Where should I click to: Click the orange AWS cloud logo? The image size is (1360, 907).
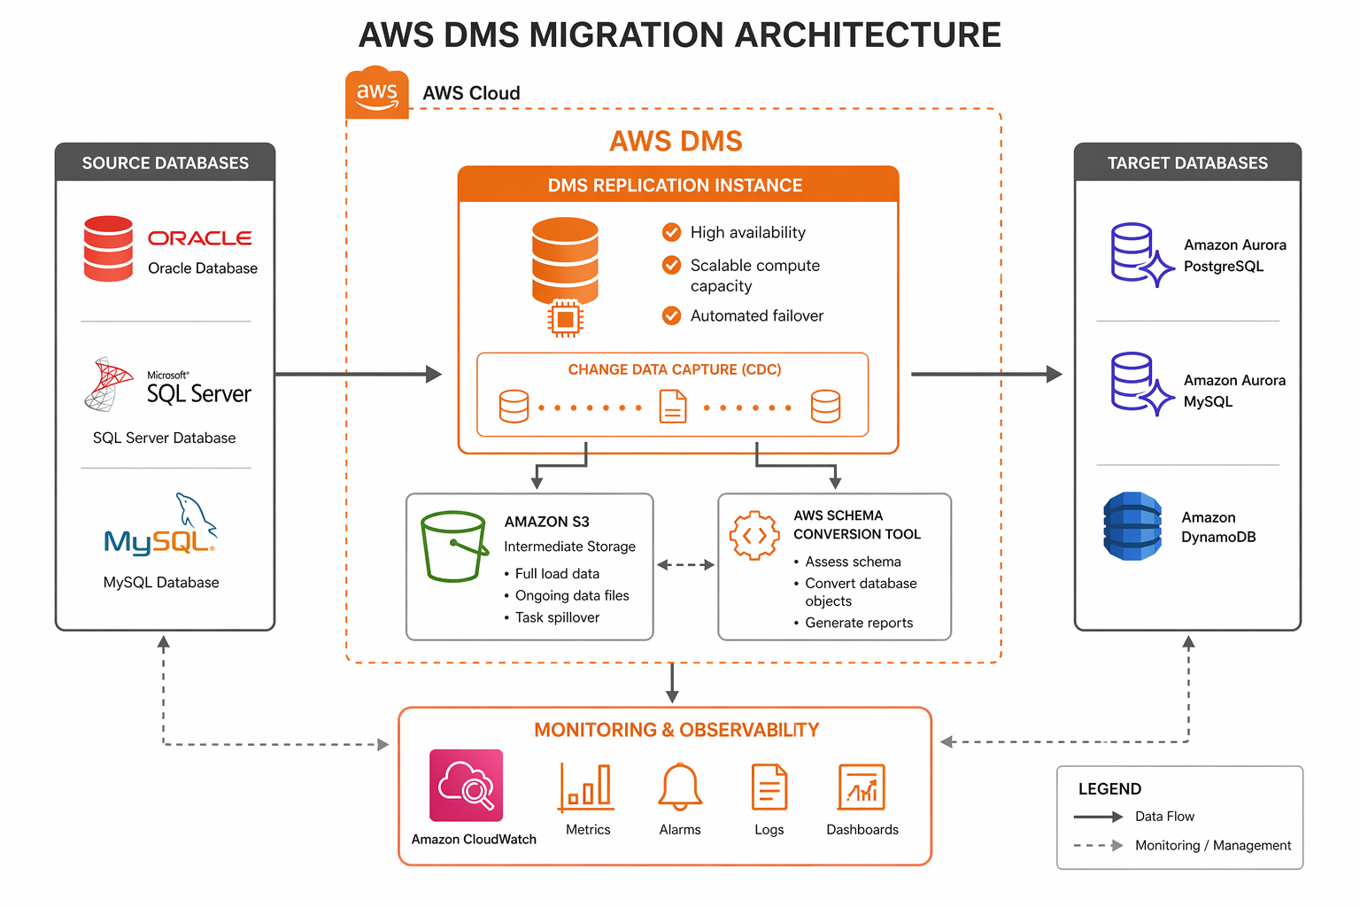coord(377,93)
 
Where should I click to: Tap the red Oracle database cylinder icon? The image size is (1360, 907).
coord(108,249)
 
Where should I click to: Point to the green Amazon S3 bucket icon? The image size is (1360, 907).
coord(454,546)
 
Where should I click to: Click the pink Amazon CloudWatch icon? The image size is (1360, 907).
coord(466,786)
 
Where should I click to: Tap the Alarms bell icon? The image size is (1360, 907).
coord(680,787)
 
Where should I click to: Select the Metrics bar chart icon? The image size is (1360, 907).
coord(587,787)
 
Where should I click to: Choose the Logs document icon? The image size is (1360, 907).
coord(769,787)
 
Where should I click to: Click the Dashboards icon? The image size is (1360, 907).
coord(862,787)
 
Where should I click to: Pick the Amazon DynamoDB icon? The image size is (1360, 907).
coord(1132,526)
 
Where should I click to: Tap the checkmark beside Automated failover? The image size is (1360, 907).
coord(672,315)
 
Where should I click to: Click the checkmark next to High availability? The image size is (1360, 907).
coord(672,232)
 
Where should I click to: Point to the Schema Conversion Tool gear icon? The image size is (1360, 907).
coord(754,535)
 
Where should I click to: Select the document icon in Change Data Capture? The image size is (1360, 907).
coord(673,407)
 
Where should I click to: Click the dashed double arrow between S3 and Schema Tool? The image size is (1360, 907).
coord(685,564)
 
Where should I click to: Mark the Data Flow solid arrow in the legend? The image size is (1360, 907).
coord(1098,817)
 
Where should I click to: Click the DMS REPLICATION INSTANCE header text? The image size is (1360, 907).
coord(675,185)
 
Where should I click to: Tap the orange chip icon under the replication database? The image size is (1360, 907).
coord(565,319)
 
